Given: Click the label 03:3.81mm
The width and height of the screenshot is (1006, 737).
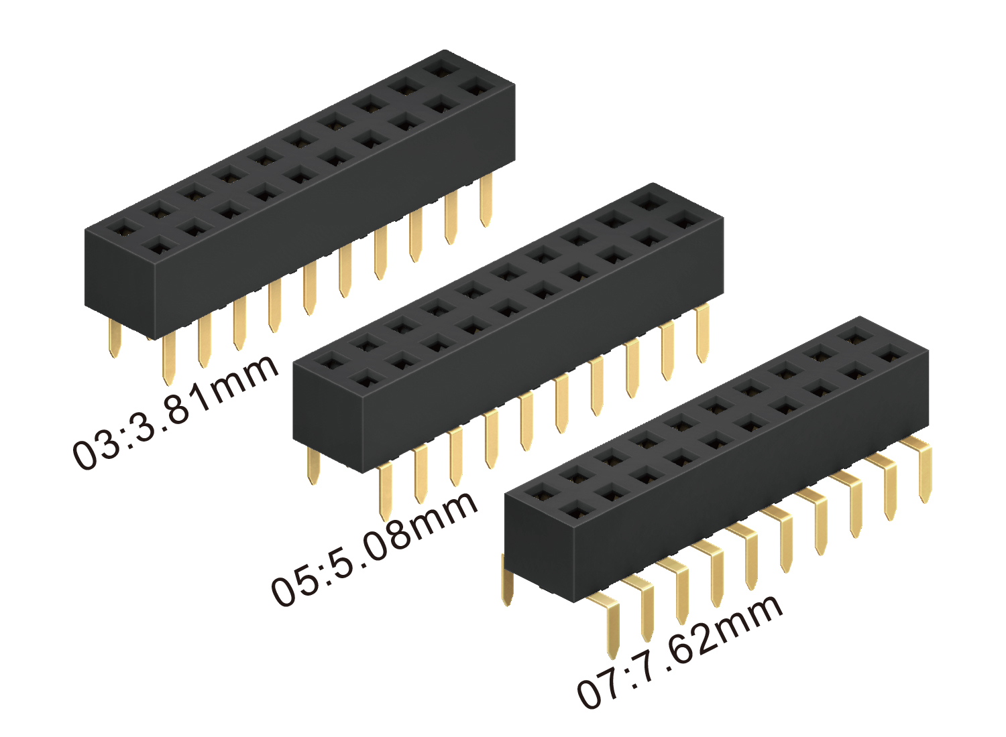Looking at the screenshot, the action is (175, 412).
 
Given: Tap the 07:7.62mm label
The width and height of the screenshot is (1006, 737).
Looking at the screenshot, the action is (679, 653).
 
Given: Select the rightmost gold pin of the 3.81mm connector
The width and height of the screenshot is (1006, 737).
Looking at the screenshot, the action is (486, 200).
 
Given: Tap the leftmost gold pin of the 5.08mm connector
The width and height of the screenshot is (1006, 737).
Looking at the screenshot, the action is (313, 466).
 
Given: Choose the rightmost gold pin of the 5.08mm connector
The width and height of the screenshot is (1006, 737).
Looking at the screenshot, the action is (702, 333).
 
